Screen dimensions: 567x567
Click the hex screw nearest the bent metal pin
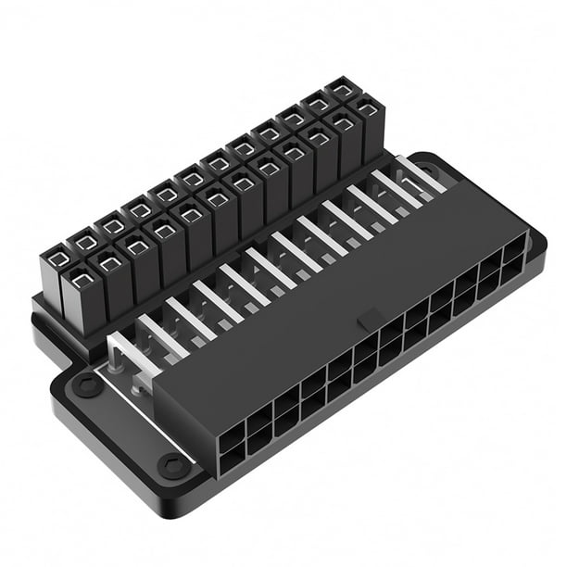[x=87, y=384]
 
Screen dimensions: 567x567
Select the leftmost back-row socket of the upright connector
[x=57, y=260]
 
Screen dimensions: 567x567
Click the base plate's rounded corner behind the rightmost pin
[x=445, y=165]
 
